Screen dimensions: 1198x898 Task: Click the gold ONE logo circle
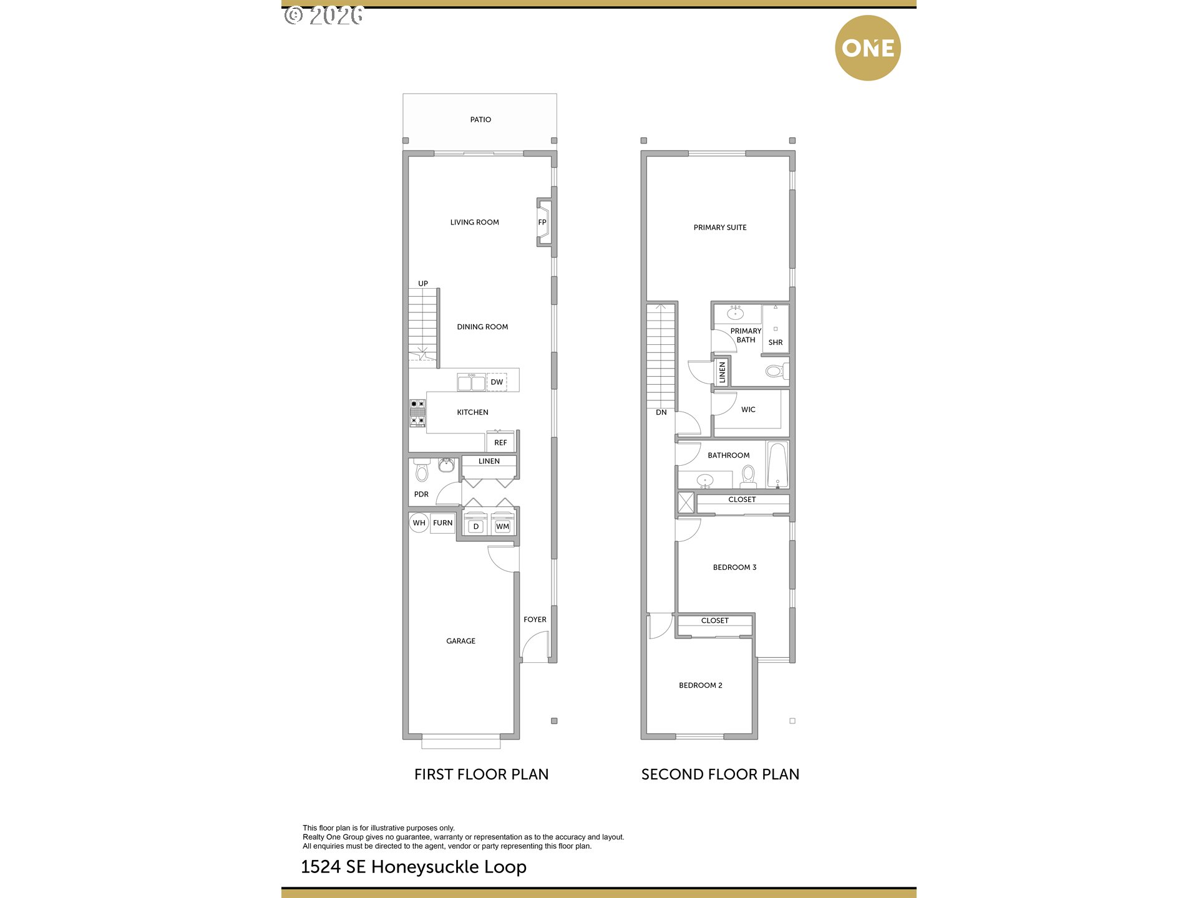click(867, 48)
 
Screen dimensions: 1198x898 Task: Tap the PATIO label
click(480, 120)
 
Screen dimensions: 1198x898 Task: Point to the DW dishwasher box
click(497, 382)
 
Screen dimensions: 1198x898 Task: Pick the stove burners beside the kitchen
click(417, 413)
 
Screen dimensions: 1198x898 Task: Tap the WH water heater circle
click(419, 523)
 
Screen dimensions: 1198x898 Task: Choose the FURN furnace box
click(443, 523)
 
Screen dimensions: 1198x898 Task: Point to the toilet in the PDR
click(422, 470)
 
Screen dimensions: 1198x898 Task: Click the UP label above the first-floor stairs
click(423, 284)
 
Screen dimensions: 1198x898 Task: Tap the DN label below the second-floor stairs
click(661, 412)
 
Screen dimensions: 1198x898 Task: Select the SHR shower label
click(776, 342)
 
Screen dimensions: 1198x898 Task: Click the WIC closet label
click(748, 410)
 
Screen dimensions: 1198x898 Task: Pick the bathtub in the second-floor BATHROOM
click(777, 465)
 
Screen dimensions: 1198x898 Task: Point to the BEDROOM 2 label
click(701, 685)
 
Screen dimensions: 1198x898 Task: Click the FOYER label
click(535, 619)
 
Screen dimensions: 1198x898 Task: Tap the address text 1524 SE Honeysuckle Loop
click(414, 867)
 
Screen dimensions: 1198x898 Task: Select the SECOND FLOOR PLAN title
click(720, 775)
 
